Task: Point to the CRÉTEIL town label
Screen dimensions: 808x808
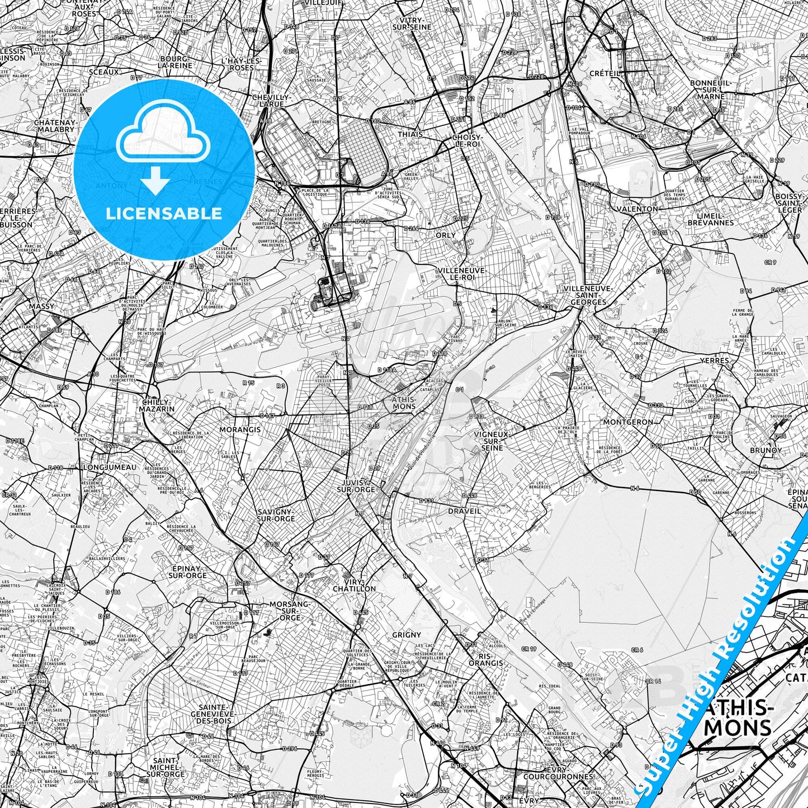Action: tap(605, 73)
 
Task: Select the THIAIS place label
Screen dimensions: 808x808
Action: tap(410, 135)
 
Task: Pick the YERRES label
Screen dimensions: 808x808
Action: tap(715, 361)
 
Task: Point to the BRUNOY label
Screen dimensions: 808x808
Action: tap(766, 450)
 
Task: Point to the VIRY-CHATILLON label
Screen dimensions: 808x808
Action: tap(355, 585)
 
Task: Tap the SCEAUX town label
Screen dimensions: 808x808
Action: tap(103, 72)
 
